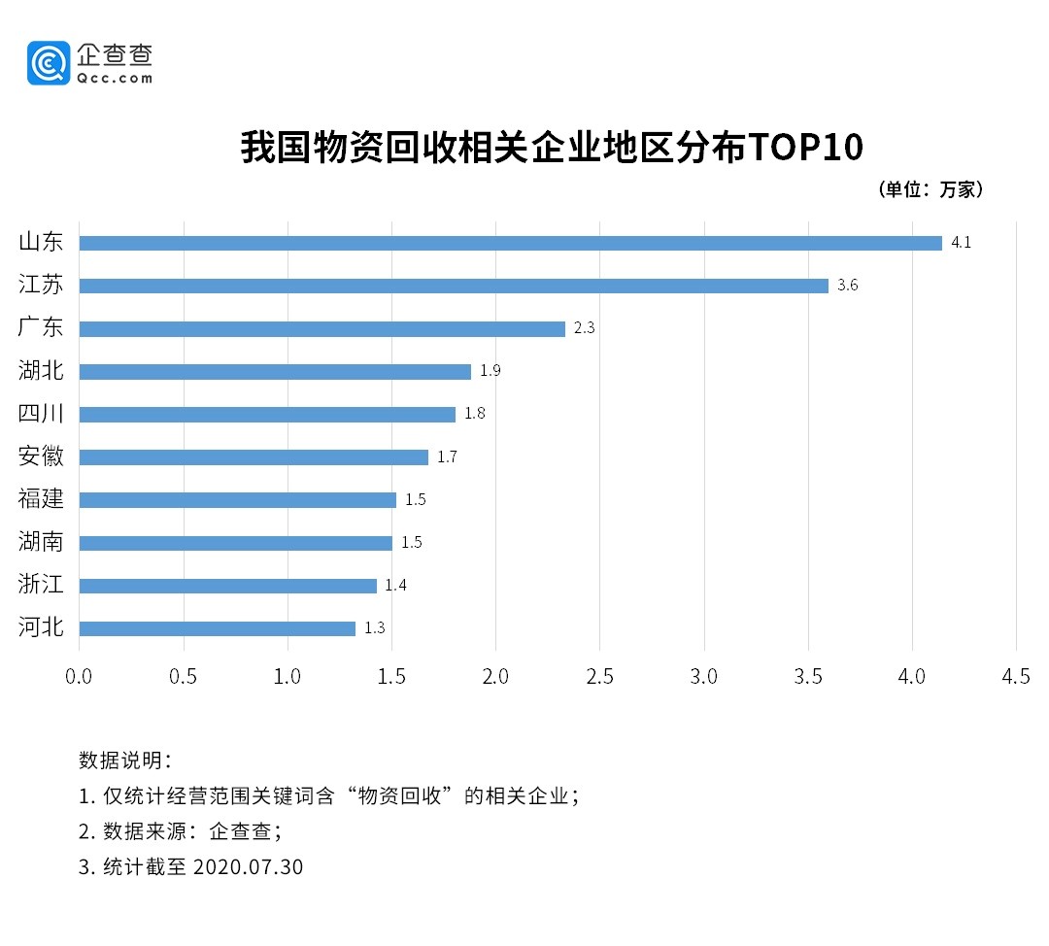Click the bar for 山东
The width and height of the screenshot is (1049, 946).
[510, 243]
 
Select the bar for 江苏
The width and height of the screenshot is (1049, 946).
[454, 286]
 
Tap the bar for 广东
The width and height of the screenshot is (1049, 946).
[321, 328]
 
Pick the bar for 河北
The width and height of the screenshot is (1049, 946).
[217, 628]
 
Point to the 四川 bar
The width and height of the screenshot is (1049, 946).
[267, 414]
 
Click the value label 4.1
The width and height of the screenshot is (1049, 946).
[961, 243]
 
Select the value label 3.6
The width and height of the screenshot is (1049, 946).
[848, 286]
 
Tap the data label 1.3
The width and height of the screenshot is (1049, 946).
[375, 628]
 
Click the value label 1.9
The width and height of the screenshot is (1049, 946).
[490, 371]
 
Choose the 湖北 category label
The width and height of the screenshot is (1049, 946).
[41, 370]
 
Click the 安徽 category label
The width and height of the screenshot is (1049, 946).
[41, 456]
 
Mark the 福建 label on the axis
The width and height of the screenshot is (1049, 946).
[41, 499]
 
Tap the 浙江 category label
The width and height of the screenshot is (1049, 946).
[41, 585]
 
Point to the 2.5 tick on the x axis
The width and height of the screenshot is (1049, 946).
[599, 676]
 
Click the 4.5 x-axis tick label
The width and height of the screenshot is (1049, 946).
[1016, 676]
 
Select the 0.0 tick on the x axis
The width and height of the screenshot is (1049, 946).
[79, 676]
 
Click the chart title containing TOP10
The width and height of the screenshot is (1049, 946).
[552, 148]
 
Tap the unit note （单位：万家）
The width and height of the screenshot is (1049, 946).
[931, 189]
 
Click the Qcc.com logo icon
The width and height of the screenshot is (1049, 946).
[49, 63]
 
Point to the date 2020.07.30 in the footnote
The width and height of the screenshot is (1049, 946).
[249, 866]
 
